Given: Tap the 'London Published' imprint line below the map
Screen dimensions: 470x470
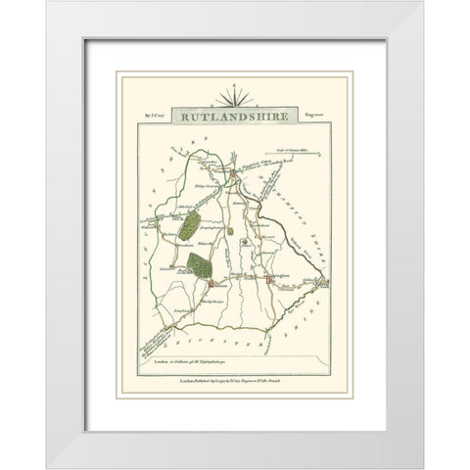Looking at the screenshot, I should click(234, 379).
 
